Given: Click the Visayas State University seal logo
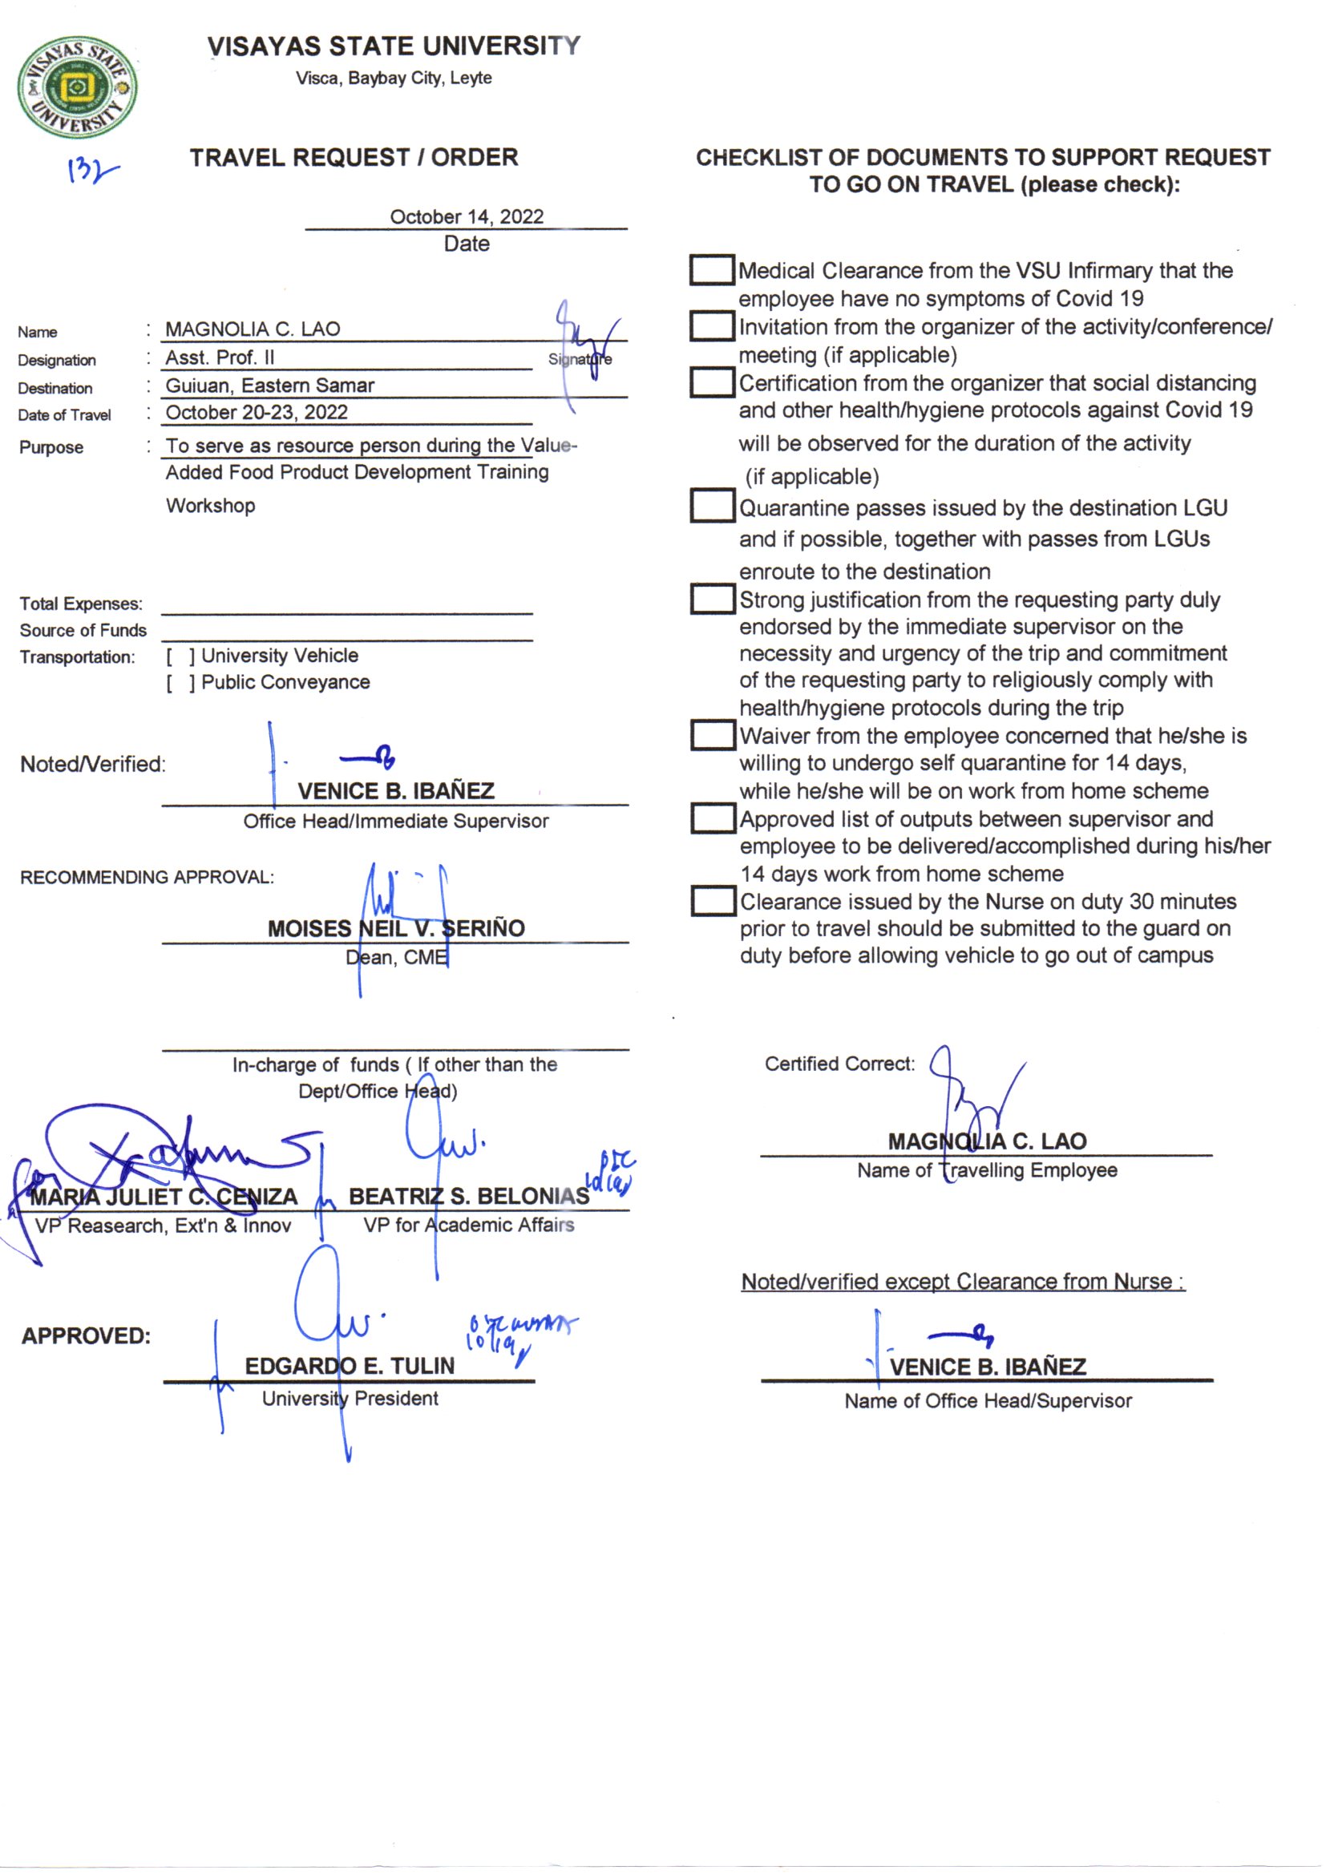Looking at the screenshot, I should pos(78,87).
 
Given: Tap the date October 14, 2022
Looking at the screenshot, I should pos(467,216).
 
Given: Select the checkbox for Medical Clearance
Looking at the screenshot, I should pos(711,270).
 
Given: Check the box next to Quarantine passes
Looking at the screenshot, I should pos(712,505).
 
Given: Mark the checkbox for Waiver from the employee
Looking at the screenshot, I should pos(712,734).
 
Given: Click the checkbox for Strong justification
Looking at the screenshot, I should pos(712,599).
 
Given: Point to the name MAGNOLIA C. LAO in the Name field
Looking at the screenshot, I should pos(253,329).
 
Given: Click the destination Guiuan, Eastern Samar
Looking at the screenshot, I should pos(269,386).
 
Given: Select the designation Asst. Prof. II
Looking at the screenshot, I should pos(220,357).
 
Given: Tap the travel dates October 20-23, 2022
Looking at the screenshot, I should pos(257,412).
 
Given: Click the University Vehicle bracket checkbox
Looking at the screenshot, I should pos(180,656).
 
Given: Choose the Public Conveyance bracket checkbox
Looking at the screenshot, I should pos(180,683).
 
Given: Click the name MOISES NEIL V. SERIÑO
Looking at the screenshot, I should pos(396,928).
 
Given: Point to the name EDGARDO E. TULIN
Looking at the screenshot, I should pos(350,1366).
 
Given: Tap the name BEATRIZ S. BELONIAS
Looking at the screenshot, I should pos(469,1196).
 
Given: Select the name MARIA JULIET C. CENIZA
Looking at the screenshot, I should pos(164,1197).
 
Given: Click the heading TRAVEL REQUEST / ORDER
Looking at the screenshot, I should pos(354,158).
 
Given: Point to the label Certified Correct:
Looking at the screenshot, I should pos(839,1064).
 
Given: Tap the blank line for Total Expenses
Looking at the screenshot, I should pos(346,606).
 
